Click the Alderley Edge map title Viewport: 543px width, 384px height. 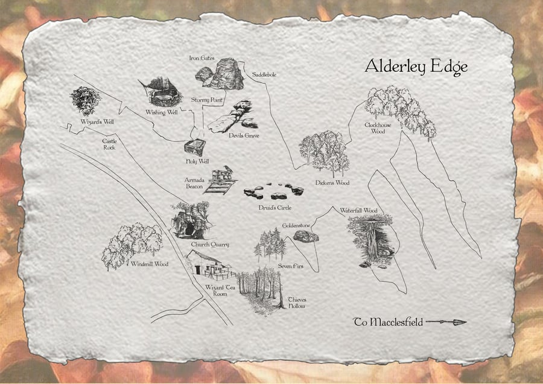coord(416,67)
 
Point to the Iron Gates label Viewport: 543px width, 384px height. coord(202,58)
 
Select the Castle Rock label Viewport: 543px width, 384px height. coord(109,144)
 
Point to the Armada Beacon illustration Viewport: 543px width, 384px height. coord(220,179)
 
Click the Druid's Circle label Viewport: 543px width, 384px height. coord(276,208)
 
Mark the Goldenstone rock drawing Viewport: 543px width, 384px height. coord(305,236)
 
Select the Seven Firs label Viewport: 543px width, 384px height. coord(290,265)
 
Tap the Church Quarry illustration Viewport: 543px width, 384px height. coord(191,220)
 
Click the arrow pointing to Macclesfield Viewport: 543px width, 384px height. coord(446,322)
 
